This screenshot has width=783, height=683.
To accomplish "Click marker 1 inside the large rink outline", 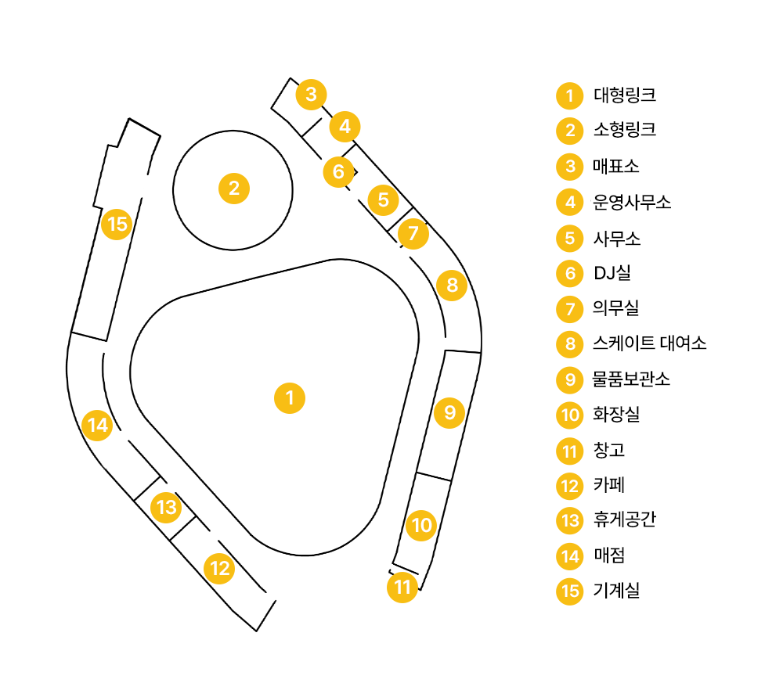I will click(290, 398).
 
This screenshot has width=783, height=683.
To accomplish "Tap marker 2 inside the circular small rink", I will click(233, 189).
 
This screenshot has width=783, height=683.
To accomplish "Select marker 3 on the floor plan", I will click(311, 95).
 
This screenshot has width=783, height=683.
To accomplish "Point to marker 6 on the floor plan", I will click(338, 171).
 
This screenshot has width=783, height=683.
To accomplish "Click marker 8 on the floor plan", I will click(452, 286).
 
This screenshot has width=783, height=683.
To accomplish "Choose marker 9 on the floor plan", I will click(449, 412).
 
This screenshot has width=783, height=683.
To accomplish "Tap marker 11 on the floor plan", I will click(402, 587).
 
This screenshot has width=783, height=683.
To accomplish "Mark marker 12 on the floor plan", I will click(220, 568).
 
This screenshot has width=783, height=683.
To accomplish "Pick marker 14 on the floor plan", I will click(97, 426).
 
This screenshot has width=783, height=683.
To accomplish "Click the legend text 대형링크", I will click(624, 95).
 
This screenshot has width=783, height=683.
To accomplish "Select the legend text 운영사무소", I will click(632, 203).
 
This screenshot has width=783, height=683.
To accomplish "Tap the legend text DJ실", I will click(612, 273).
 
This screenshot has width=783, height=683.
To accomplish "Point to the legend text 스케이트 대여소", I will click(650, 343).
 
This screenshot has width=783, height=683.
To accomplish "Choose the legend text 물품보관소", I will click(631, 379).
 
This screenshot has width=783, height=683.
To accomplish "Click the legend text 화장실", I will click(616, 415).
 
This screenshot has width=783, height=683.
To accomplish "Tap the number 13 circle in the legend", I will click(570, 520).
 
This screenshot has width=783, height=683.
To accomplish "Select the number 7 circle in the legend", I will click(570, 309).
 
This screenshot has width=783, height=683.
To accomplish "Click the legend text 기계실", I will click(616, 591).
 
